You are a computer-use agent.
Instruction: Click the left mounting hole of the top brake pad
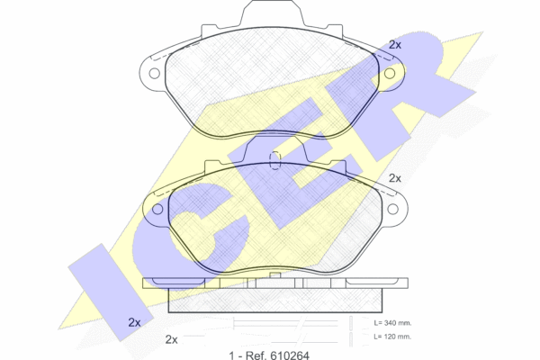click(x=154, y=74)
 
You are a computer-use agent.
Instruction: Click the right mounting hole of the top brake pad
click(x=390, y=74)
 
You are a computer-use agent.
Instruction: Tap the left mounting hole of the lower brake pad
click(x=157, y=209)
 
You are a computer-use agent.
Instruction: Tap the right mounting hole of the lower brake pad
click(x=393, y=209)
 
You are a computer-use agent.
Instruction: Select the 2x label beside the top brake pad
click(x=395, y=45)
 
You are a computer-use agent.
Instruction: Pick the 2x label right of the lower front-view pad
click(x=395, y=178)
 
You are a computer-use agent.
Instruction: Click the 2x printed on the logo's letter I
click(x=134, y=322)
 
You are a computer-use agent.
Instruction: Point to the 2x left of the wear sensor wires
click(x=172, y=339)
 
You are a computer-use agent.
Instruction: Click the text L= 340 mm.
click(x=392, y=323)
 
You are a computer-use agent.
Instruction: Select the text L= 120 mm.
click(x=392, y=337)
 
